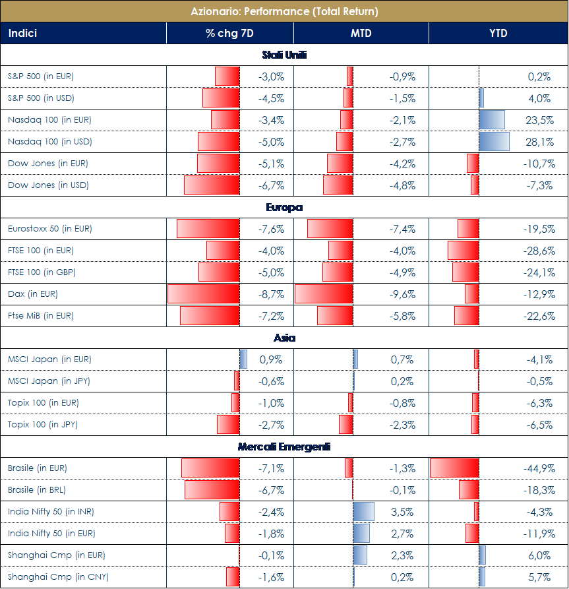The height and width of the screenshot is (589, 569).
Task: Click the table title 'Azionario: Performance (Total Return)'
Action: point(284,11)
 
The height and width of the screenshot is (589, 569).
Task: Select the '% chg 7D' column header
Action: point(229,33)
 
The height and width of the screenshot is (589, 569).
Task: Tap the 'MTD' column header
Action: point(361,33)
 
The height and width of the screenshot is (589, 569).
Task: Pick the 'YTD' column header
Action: point(498,33)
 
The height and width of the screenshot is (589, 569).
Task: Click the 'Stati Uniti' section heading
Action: point(284,55)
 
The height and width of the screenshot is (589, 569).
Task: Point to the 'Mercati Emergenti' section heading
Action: point(284,447)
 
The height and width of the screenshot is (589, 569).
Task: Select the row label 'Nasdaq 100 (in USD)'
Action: point(50,142)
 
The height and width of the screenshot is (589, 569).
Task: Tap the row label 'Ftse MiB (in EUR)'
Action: point(41,316)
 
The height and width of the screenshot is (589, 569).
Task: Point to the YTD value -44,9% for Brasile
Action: point(537,468)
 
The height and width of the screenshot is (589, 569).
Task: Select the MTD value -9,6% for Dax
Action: point(402,294)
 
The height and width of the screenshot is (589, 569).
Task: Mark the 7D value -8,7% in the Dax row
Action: point(271,294)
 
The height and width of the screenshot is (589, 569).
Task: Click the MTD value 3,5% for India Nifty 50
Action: point(403,512)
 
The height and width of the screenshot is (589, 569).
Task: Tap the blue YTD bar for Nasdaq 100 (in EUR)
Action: point(492,120)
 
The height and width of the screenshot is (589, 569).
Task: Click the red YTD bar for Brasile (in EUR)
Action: point(454,468)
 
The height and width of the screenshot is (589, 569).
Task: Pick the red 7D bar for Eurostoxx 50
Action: point(208,229)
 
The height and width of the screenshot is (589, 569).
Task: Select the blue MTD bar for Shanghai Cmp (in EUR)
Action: point(361,555)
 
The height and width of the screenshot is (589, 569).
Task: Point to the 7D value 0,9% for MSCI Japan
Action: point(271,359)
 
